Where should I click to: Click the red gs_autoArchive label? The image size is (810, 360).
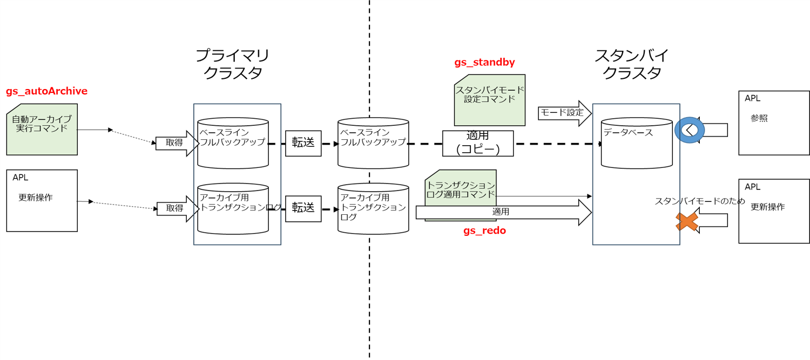(46, 91)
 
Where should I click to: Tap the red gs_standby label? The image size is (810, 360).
(484, 62)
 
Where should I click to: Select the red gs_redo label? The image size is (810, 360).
(484, 230)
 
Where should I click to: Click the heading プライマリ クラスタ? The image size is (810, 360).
(232, 64)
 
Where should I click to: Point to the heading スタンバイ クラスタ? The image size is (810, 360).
(631, 64)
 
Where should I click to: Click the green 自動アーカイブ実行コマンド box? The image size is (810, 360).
(42, 130)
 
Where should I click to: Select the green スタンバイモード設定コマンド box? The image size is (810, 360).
(490, 100)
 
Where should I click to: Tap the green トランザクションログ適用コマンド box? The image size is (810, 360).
(460, 186)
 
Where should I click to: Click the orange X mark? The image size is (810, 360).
(686, 221)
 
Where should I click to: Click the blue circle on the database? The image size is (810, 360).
(690, 130)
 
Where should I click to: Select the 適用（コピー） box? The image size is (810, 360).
(478, 143)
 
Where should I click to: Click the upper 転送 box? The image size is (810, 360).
(303, 143)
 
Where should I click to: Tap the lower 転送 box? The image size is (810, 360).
(303, 208)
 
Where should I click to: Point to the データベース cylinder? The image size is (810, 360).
(636, 143)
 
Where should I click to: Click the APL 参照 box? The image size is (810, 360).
(774, 123)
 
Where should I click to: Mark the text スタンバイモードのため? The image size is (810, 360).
(700, 201)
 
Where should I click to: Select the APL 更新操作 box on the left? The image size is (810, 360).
(42, 201)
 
